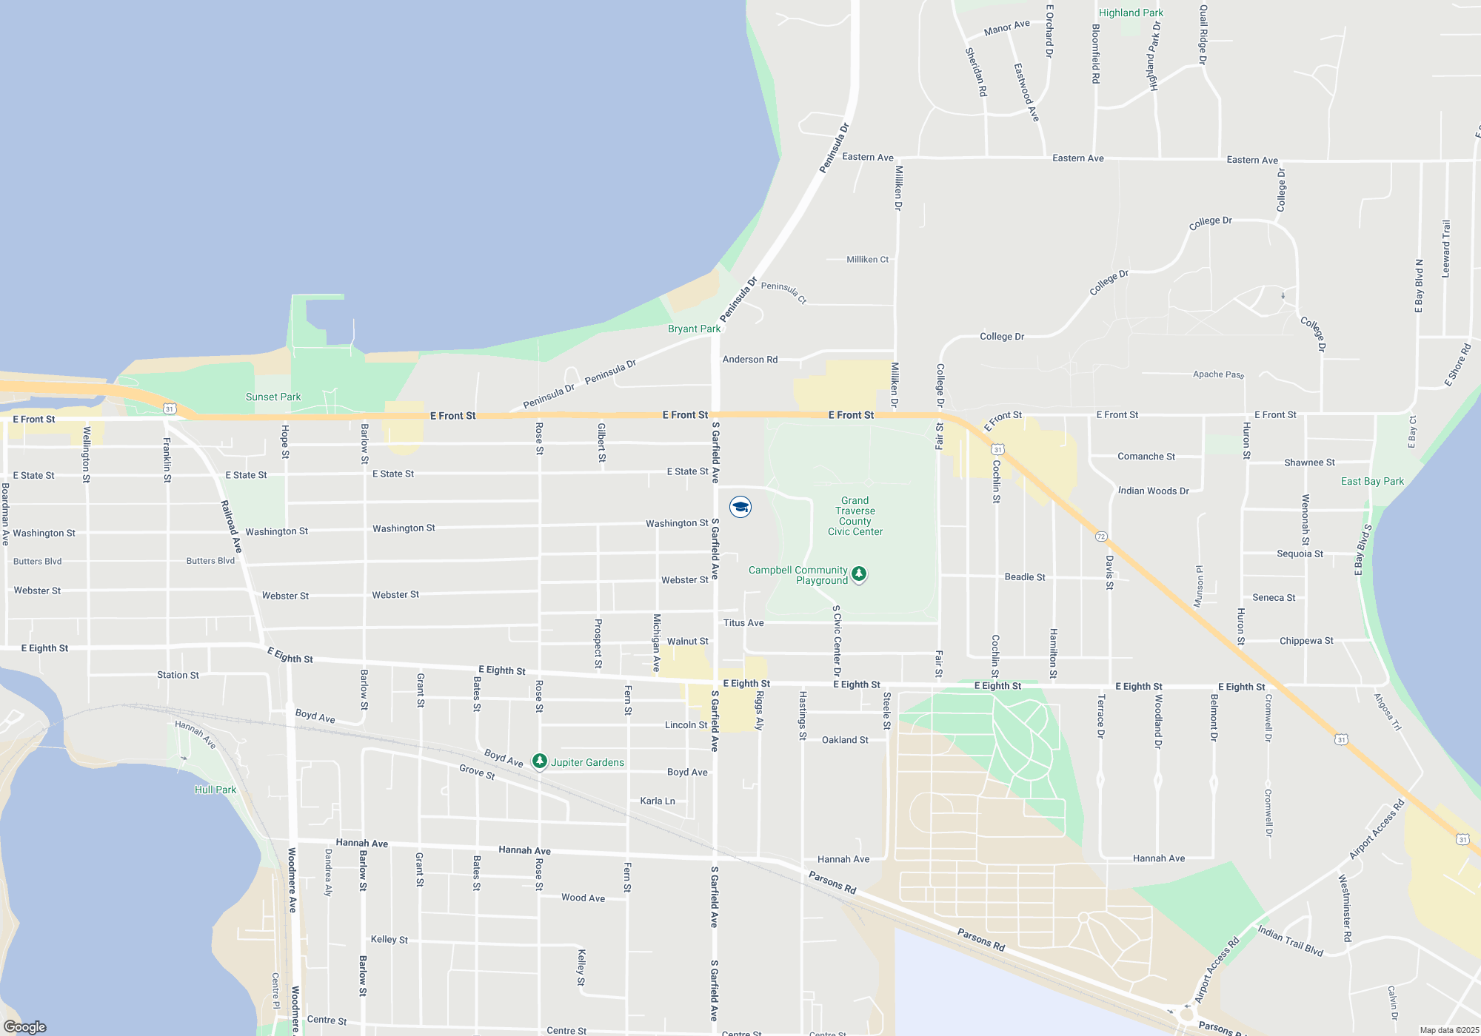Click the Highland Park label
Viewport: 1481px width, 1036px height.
pyautogui.click(x=1131, y=13)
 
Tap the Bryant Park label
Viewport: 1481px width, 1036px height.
pyautogui.click(x=694, y=329)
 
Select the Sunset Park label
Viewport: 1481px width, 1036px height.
pyautogui.click(x=273, y=397)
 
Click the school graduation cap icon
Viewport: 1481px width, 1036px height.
pyautogui.click(x=740, y=507)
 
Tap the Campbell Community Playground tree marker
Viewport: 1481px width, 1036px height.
pyautogui.click(x=859, y=573)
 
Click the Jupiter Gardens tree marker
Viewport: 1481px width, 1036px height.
pyautogui.click(x=540, y=761)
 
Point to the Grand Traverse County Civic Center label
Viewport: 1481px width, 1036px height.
pyautogui.click(x=855, y=516)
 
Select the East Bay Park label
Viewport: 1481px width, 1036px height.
pyautogui.click(x=1372, y=481)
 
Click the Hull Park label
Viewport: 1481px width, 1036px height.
pyautogui.click(x=215, y=790)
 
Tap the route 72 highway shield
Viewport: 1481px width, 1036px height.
pyautogui.click(x=1101, y=536)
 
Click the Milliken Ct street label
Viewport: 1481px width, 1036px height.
pyautogui.click(x=867, y=260)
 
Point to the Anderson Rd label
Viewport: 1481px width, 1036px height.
pyautogui.click(x=749, y=360)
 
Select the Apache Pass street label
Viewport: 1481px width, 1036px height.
pyautogui.click(x=1218, y=374)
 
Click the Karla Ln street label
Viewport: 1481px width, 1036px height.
pyautogui.click(x=658, y=801)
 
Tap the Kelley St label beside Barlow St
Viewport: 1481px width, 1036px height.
pyautogui.click(x=389, y=939)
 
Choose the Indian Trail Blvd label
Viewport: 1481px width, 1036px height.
pyautogui.click(x=1290, y=941)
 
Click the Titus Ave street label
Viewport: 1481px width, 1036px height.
pyautogui.click(x=743, y=623)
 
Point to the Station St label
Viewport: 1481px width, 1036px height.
pyautogui.click(x=178, y=675)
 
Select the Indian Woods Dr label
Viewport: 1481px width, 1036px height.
pyautogui.click(x=1153, y=491)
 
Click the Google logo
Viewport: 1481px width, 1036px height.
pyautogui.click(x=25, y=1027)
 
